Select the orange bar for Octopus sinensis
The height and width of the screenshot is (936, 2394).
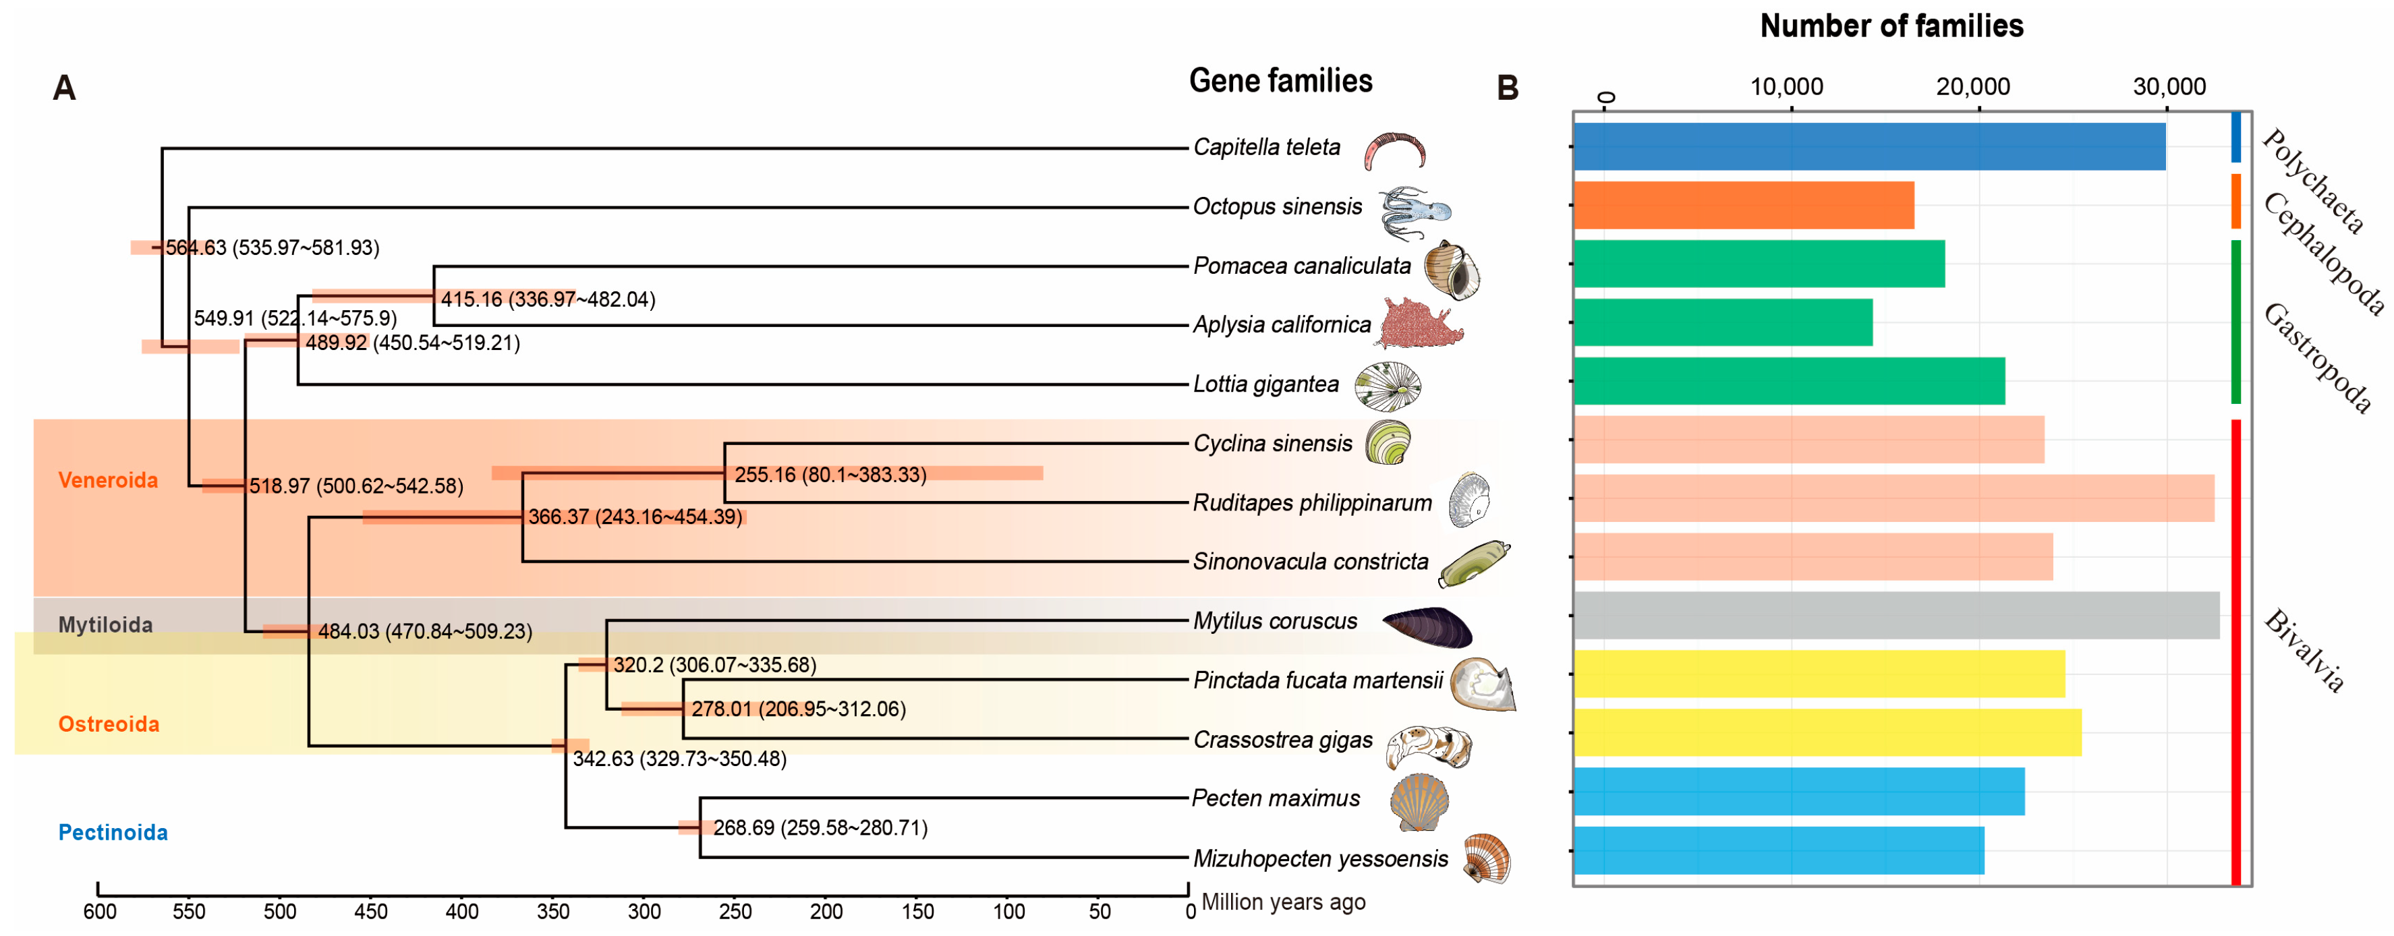pyautogui.click(x=1744, y=206)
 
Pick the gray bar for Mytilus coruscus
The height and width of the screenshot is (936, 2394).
pyautogui.click(x=1896, y=615)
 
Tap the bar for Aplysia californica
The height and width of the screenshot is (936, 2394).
pyautogui.click(x=1722, y=322)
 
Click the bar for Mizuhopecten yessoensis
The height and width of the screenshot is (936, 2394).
pyautogui.click(x=1778, y=850)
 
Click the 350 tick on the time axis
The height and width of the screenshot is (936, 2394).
pyautogui.click(x=553, y=911)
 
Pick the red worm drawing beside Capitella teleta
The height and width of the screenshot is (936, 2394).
pyautogui.click(x=1394, y=150)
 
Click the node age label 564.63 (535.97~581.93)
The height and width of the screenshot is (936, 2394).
pyautogui.click(x=271, y=248)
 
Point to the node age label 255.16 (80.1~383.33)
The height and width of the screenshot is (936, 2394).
pyautogui.click(x=830, y=475)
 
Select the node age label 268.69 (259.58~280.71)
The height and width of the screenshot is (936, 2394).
pyautogui.click(x=820, y=828)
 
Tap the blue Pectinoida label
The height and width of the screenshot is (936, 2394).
pyautogui.click(x=113, y=833)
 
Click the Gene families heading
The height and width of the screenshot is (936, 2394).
pyautogui.click(x=1280, y=82)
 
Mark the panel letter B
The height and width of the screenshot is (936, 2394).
pyautogui.click(x=1508, y=88)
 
